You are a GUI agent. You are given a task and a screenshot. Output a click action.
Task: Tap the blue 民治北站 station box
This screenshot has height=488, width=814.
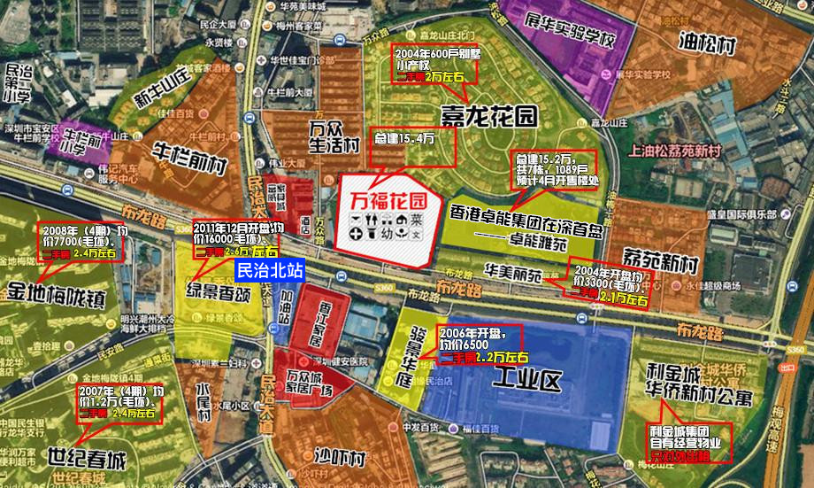(x=271, y=270)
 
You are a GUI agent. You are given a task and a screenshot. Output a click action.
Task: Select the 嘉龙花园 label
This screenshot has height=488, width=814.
(x=489, y=112)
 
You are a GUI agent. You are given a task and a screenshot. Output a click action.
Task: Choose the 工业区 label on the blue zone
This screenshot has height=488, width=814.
(x=527, y=382)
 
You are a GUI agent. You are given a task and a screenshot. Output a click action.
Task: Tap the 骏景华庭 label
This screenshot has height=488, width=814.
(x=405, y=360)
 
